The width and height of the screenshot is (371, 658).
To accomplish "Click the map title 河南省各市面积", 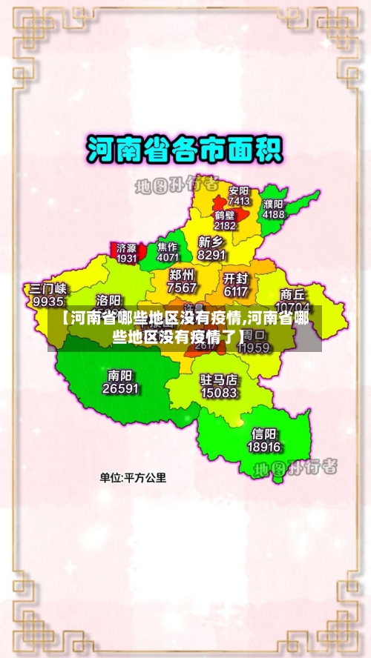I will (185, 150).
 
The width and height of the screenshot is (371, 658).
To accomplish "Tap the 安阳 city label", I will (238, 190).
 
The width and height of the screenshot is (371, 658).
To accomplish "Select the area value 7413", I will (239, 201).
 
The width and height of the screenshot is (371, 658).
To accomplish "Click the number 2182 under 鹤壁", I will (225, 225).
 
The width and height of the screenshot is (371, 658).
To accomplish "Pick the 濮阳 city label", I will (273, 204).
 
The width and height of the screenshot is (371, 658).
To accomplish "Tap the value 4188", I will (273, 214).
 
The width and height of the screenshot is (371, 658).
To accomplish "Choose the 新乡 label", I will (211, 242).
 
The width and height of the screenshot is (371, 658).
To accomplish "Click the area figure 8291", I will (211, 255).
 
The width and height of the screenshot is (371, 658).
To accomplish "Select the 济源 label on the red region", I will (127, 248).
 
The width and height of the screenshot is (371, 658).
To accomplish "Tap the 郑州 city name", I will (182, 275).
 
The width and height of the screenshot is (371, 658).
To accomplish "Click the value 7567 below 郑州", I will (182, 288).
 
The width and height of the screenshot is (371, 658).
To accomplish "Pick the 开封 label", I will (235, 279).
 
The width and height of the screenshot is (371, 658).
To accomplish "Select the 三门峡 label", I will (48, 289).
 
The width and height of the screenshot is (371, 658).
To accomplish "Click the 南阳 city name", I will (120, 376).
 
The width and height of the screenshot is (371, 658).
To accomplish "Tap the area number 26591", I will (120, 388).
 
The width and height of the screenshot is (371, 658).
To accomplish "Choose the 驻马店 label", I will (219, 379).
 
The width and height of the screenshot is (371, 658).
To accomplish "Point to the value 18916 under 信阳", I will (264, 448).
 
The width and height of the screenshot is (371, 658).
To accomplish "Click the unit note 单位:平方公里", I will (134, 478).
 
